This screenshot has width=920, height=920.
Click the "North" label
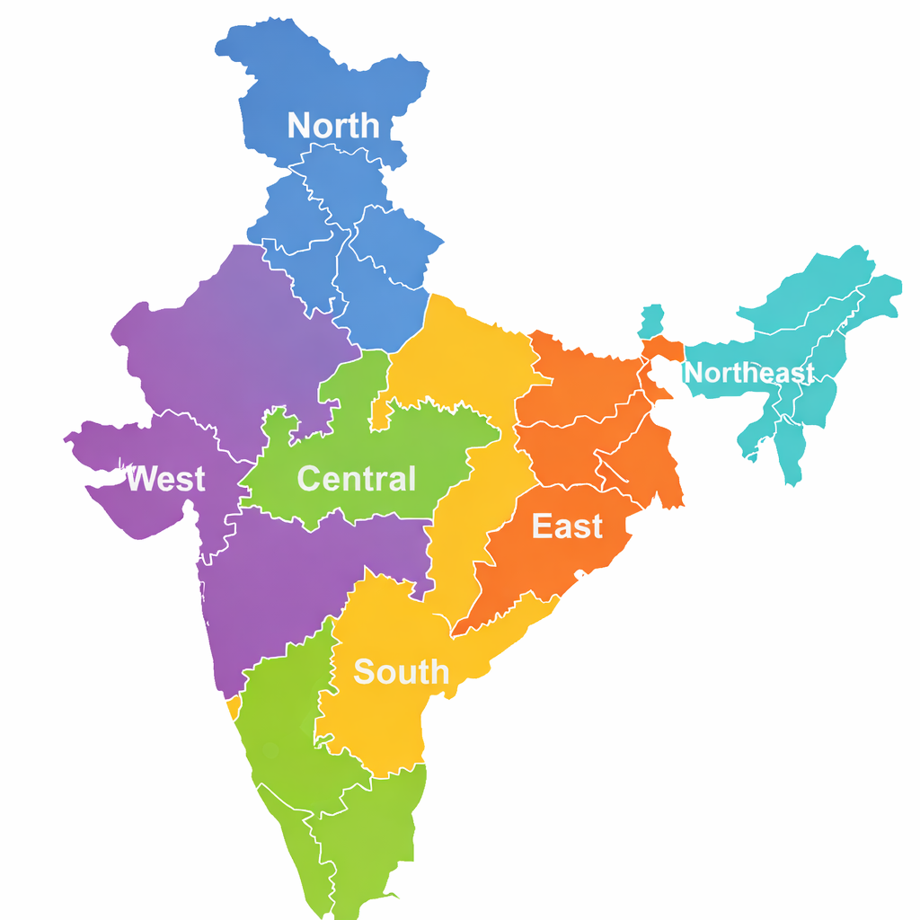332,126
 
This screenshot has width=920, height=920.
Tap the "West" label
165,479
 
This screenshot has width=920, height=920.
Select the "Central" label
356,479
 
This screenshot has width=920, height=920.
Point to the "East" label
567,526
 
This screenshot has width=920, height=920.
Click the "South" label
401,672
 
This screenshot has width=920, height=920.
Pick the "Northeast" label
749,373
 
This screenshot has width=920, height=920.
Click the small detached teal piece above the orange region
653,321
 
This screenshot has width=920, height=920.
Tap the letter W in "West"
138,479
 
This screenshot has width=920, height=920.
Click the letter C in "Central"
308,479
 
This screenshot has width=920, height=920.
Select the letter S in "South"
364,672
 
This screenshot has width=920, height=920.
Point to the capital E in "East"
542,526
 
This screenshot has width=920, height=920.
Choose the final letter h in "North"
368,126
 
